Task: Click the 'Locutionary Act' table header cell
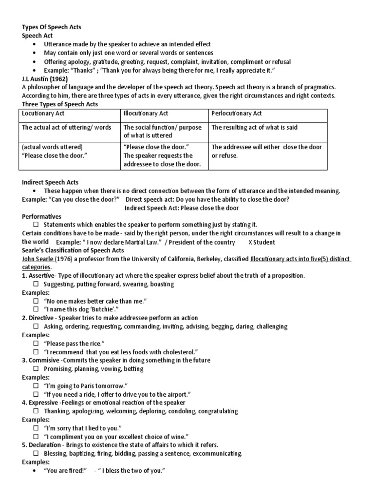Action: coord(44,114)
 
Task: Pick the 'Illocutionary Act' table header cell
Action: coord(146,114)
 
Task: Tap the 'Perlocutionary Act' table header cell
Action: coord(237,114)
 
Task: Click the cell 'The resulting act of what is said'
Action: coord(254,127)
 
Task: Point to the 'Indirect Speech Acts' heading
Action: coord(51,182)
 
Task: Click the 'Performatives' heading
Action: coord(42,216)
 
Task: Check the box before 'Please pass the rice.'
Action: coord(36,344)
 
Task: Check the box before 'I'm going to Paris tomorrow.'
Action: coord(36,386)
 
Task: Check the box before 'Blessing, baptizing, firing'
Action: coord(36,454)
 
